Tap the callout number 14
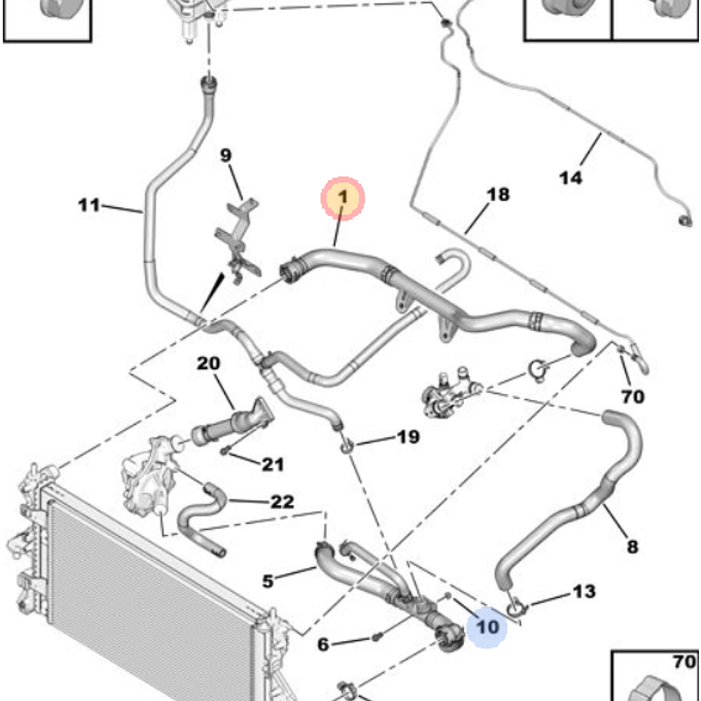click(x=571, y=177)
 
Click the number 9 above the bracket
click(x=226, y=156)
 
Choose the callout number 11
click(x=89, y=205)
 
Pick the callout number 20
click(x=208, y=364)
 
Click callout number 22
click(x=282, y=502)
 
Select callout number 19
click(x=408, y=437)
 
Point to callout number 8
click(x=632, y=546)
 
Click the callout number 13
click(x=584, y=592)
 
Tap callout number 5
click(x=268, y=580)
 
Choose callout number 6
click(x=322, y=644)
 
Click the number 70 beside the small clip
click(x=632, y=397)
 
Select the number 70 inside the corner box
click(x=684, y=661)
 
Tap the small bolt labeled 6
click(x=377, y=637)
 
